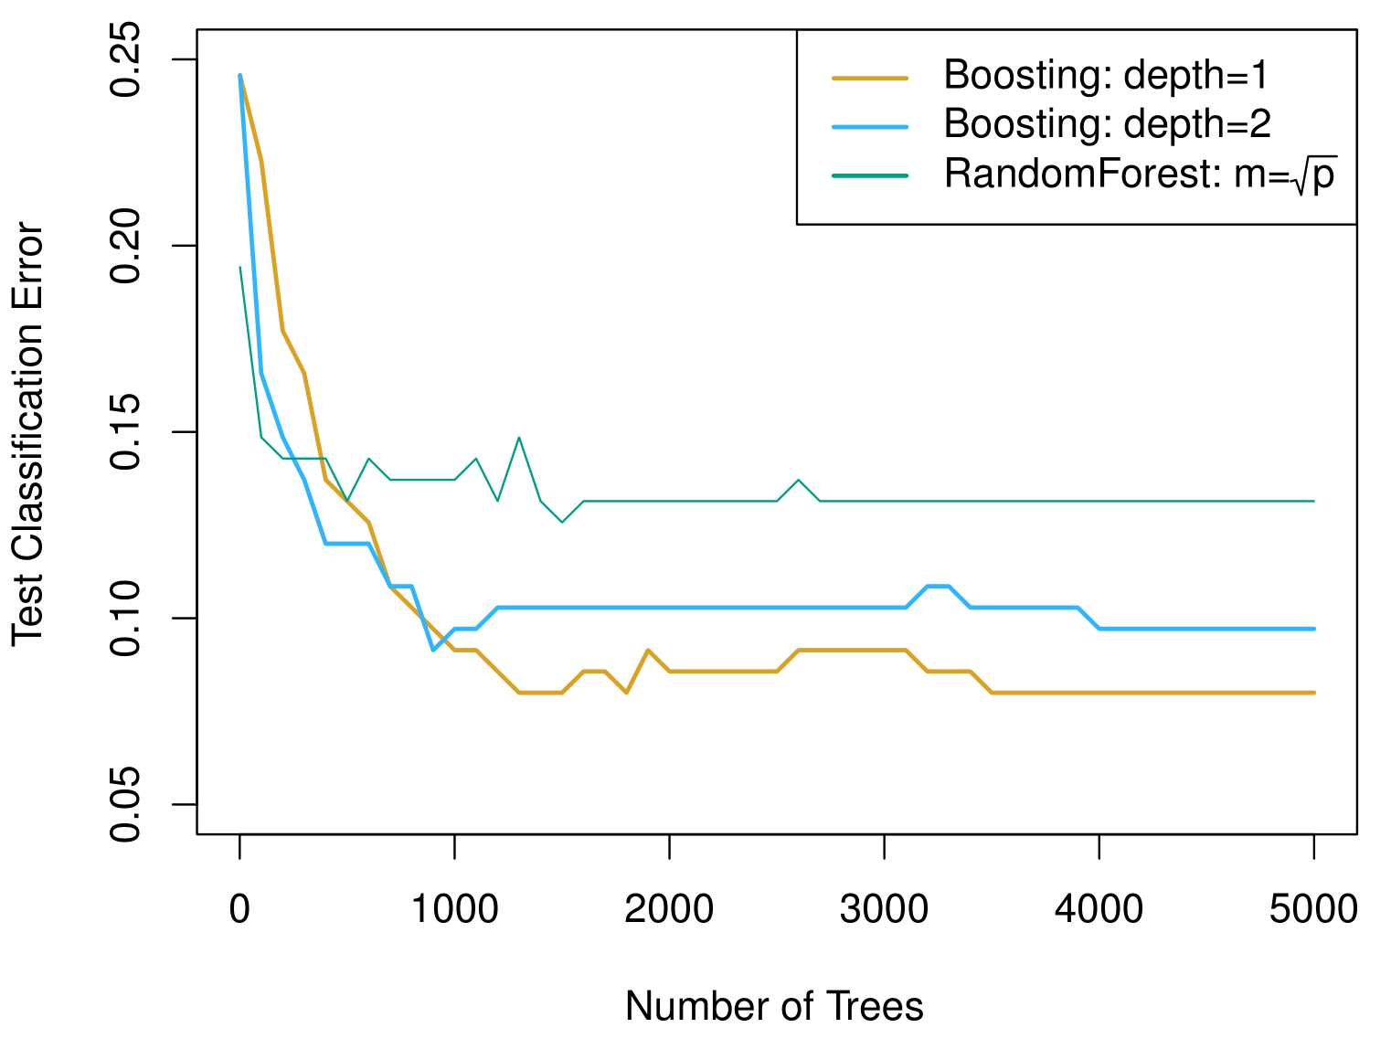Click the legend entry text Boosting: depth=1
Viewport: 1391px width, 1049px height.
(x=1106, y=76)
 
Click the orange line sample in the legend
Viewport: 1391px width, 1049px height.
(x=869, y=79)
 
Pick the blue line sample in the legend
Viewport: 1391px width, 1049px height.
(x=869, y=127)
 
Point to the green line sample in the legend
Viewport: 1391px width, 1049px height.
(x=869, y=175)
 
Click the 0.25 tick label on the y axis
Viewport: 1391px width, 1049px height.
(x=125, y=59)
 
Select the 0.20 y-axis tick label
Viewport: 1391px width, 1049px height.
(x=125, y=246)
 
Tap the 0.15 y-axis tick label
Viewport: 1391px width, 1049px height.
(x=125, y=432)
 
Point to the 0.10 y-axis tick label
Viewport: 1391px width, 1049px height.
(x=125, y=619)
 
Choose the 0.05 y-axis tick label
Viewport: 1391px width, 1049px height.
(x=125, y=804)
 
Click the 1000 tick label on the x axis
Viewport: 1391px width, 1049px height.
(x=454, y=910)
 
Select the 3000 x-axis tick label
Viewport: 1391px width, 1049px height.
(x=884, y=910)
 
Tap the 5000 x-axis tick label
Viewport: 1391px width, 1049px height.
(x=1313, y=910)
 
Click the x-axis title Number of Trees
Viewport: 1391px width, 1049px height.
(x=774, y=1007)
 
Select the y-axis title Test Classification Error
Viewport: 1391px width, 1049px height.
(x=28, y=434)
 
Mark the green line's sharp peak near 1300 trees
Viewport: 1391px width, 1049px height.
(x=519, y=438)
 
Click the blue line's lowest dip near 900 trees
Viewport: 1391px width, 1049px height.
(x=433, y=649)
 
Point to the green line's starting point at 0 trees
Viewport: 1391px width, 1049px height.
(x=240, y=267)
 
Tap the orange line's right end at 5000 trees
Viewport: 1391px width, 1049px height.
(x=1313, y=693)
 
